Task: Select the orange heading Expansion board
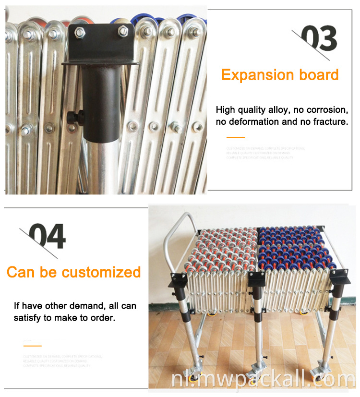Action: (x=280, y=75)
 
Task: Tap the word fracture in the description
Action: (x=328, y=122)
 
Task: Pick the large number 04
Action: (x=47, y=236)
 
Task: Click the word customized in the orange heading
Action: (x=101, y=272)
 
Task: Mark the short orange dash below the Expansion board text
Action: (x=235, y=138)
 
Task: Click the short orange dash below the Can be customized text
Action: (x=32, y=346)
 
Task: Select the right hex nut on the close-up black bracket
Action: (x=123, y=31)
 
